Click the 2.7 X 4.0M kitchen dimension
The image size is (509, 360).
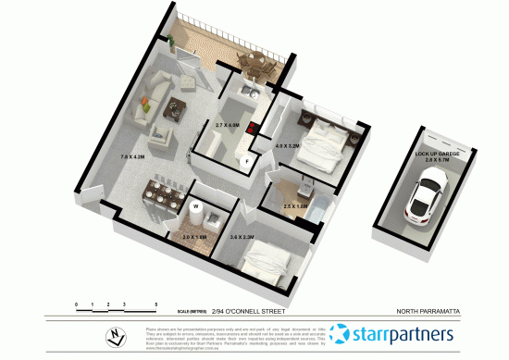tap(227, 125)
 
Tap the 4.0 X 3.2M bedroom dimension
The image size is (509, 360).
tap(289, 145)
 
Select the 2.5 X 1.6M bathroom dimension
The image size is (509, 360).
tap(295, 206)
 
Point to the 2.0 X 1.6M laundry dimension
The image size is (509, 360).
tap(195, 238)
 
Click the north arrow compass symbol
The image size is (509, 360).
tap(113, 337)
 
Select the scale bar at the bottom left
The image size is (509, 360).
tap(117, 304)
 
